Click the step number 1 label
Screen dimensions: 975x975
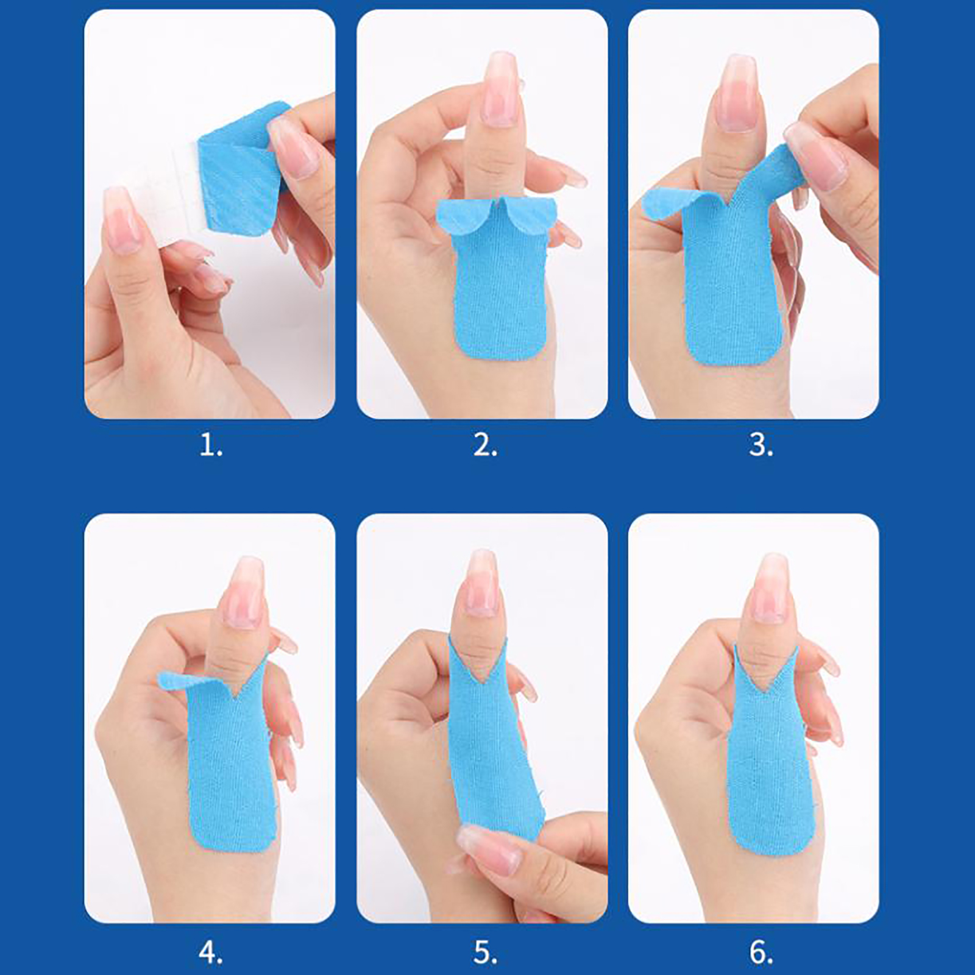[211, 447]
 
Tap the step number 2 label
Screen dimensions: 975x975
[485, 447]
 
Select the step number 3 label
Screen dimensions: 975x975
[760, 447]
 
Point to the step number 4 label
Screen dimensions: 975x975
[211, 952]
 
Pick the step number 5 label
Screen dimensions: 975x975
[485, 952]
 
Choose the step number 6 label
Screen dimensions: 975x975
[760, 952]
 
